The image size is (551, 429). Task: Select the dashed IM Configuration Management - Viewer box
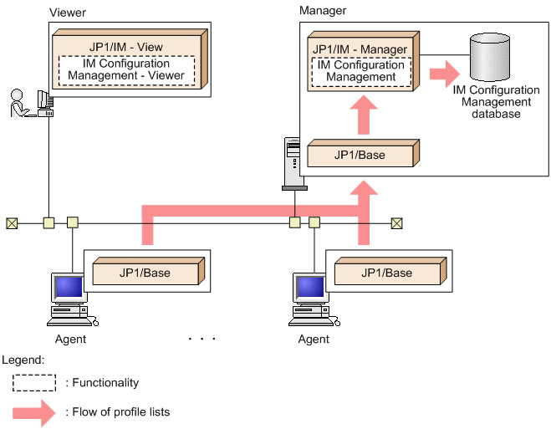126,70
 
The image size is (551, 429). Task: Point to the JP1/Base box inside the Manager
359,156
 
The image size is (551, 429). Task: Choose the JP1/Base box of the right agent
385,273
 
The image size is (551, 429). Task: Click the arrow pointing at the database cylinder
444,72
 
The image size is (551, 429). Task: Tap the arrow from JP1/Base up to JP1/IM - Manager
361,115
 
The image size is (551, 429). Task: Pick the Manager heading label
322,10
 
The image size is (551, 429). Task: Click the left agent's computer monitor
69,288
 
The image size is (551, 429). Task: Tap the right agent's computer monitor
309,288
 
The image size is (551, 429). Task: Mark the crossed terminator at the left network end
12,223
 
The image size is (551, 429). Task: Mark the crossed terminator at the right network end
396,223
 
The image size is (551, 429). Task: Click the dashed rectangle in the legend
33,382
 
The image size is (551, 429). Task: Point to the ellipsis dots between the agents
202,339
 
